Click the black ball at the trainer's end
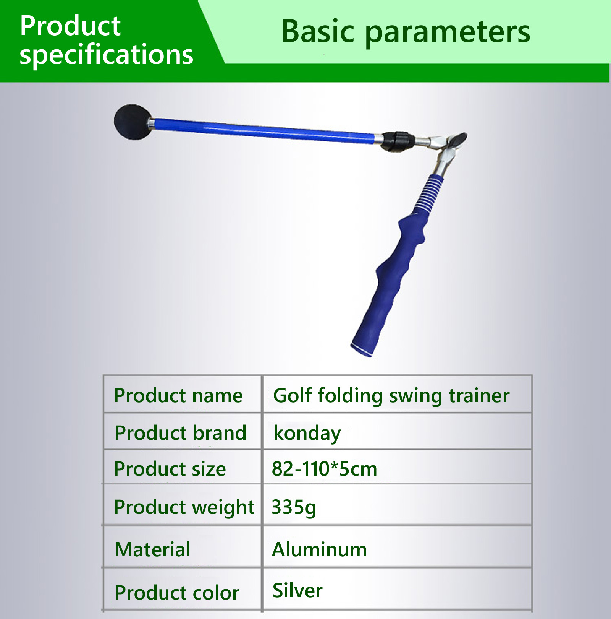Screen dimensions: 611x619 [x=133, y=122]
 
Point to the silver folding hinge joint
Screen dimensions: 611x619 [x=445, y=147]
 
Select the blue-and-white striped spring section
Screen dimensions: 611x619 [x=428, y=193]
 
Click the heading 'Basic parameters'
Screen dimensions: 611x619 [x=406, y=32]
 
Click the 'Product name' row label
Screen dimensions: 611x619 [x=178, y=395]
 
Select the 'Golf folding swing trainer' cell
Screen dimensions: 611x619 [x=391, y=396]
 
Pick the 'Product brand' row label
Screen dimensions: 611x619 [x=181, y=433]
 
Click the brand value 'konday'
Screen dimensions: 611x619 [x=307, y=434]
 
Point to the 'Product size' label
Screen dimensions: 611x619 [x=170, y=469]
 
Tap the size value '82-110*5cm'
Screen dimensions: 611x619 [x=325, y=469]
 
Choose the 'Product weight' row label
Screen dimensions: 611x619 [x=184, y=508]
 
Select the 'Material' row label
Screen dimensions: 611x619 [x=152, y=549]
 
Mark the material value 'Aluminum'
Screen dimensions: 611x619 [x=319, y=549]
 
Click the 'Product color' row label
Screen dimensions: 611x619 [x=177, y=593]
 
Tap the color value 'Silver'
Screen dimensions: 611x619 [x=297, y=590]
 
